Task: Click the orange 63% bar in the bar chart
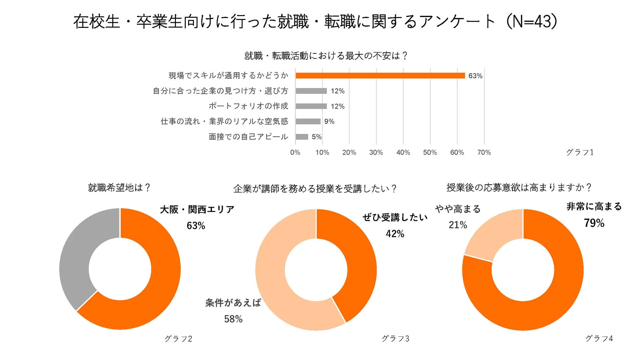click(380, 75)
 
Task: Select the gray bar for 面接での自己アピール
click(302, 137)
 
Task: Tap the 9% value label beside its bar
click(329, 121)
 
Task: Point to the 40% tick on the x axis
click(403, 152)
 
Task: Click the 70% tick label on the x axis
click(484, 152)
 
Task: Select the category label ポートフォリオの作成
click(248, 106)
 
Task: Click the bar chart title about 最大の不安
click(326, 56)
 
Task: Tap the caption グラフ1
click(580, 152)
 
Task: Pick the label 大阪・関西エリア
click(197, 209)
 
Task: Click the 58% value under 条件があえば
click(233, 319)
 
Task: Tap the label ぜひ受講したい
click(395, 217)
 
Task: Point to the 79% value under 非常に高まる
click(594, 223)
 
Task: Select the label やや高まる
click(458, 209)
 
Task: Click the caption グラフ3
click(395, 339)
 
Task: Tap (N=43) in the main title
click(531, 21)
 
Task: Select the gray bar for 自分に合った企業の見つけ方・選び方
click(311, 91)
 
